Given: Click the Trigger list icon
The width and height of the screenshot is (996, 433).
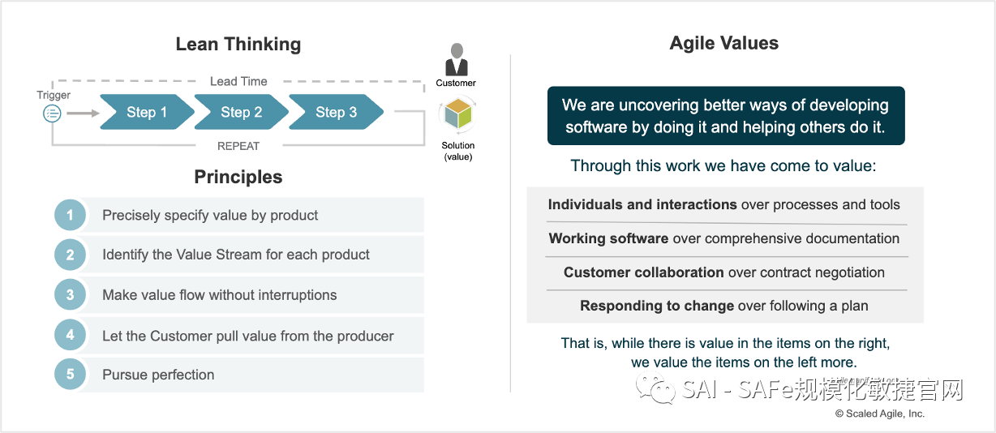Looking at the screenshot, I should (x=52, y=114).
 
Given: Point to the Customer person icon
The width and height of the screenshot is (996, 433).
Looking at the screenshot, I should (x=457, y=60).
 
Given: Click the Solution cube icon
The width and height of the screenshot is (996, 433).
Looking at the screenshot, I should (x=457, y=115).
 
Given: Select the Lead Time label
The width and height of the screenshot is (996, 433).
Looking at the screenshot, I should (x=238, y=81).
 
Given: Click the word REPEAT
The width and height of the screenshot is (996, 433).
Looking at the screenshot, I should (x=238, y=146).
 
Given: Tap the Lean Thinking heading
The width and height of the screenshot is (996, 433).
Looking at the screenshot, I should (x=238, y=45).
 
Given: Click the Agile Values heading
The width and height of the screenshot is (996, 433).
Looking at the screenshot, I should (x=724, y=44).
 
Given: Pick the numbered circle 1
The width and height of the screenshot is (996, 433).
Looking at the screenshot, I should (x=71, y=215).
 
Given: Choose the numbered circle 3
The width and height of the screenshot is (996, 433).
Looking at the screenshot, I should (x=71, y=295).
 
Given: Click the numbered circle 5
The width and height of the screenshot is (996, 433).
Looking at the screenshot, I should (x=71, y=375).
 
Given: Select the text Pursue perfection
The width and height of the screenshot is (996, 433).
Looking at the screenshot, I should (x=158, y=375).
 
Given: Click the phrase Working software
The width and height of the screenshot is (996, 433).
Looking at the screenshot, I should (x=608, y=238).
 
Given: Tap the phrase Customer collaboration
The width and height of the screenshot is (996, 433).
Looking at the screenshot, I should (x=643, y=272).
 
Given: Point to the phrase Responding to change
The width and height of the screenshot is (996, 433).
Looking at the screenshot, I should (x=657, y=306).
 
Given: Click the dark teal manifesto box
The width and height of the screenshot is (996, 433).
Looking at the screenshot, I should (x=725, y=116).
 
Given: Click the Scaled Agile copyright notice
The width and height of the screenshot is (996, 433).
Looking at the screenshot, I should (x=879, y=414).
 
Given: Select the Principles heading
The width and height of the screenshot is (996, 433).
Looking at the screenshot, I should (x=238, y=177).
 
